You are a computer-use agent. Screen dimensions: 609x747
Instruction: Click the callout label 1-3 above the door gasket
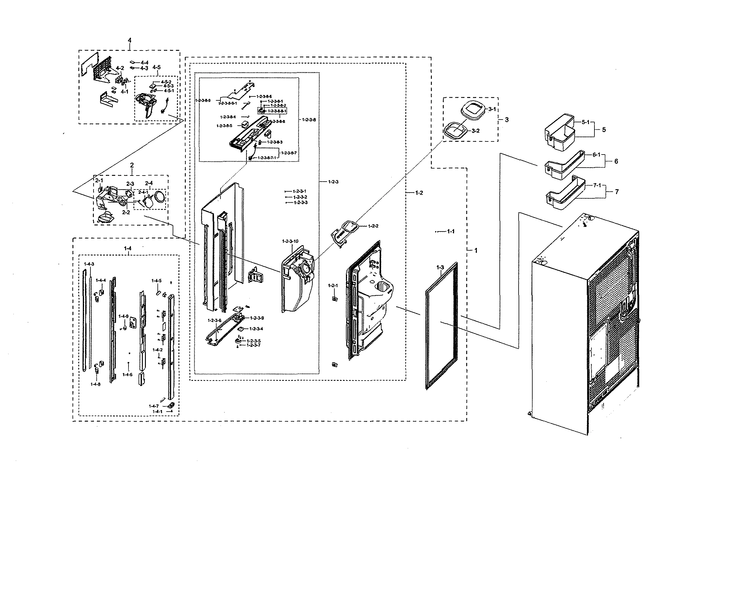click(x=440, y=268)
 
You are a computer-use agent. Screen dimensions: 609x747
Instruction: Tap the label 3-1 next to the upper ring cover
click(x=492, y=109)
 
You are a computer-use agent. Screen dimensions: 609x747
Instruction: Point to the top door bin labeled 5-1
click(x=559, y=135)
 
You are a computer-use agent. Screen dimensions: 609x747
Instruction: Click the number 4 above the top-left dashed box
click(x=130, y=40)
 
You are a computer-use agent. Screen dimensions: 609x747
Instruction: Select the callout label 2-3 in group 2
click(x=130, y=184)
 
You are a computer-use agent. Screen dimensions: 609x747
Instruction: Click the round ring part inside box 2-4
click(x=160, y=197)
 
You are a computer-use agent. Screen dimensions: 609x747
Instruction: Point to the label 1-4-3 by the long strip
click(x=89, y=264)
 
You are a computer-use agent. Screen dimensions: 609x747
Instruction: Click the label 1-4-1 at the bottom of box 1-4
click(x=157, y=412)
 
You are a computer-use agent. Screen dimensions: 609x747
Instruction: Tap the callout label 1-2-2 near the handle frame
click(x=373, y=226)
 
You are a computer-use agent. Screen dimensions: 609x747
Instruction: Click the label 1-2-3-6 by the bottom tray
click(x=214, y=320)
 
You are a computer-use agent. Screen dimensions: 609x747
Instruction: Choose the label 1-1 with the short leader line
click(x=451, y=231)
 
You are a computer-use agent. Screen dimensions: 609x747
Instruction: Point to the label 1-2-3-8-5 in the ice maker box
click(x=224, y=126)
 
